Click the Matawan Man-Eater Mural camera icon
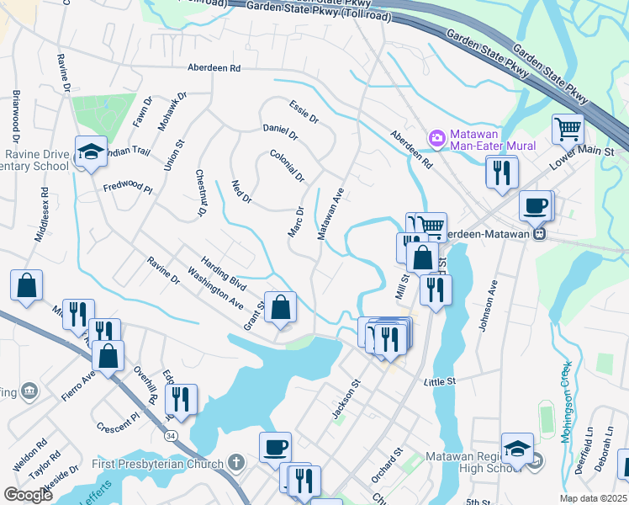coord(436,137)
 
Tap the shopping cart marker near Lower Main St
coord(568,130)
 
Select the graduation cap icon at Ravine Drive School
coord(91,151)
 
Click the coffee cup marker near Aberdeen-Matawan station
coord(535,205)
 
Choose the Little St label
coord(439,381)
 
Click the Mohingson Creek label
coord(565,400)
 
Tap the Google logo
coord(28,495)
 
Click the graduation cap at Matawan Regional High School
coord(517,448)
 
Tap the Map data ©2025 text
coord(594,498)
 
